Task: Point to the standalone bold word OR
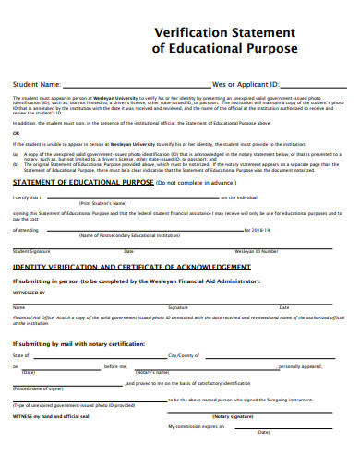(x=16, y=133)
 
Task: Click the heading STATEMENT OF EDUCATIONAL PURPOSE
(x=82, y=184)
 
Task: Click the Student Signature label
(x=32, y=251)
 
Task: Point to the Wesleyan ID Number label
(x=257, y=251)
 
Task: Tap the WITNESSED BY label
(x=30, y=293)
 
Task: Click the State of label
(x=21, y=355)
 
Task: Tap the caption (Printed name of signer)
(x=38, y=388)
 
